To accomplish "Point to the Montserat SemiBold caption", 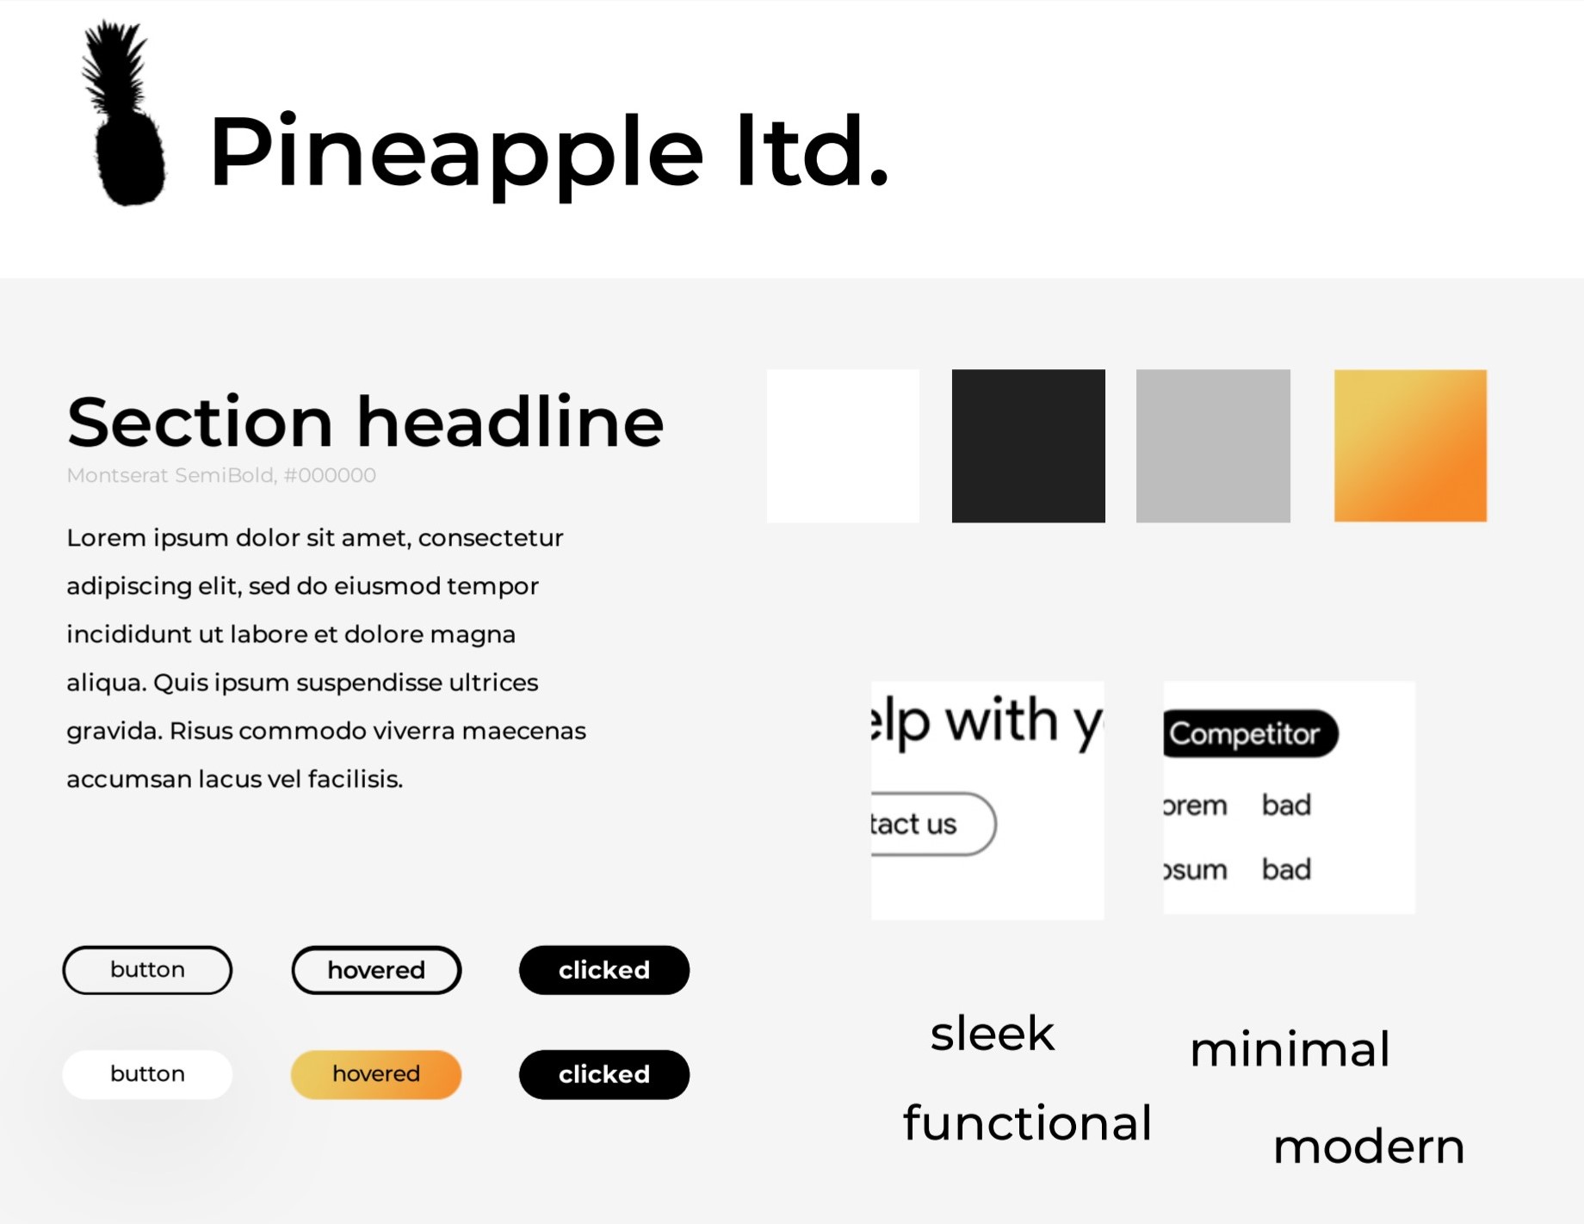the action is [x=221, y=475].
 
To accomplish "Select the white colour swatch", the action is [x=843, y=446].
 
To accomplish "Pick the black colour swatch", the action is [x=1028, y=446].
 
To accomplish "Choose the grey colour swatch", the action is [x=1213, y=446].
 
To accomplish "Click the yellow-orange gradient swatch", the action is [x=1410, y=446].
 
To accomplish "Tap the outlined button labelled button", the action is [x=147, y=970].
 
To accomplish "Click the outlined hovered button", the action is [x=376, y=970].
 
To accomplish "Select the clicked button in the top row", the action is [x=604, y=970].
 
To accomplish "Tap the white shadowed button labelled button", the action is [x=147, y=1074].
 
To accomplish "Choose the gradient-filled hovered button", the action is [x=376, y=1074].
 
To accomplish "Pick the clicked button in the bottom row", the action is [x=604, y=1074].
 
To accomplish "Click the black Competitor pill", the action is [x=1250, y=733].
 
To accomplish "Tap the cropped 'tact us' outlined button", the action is [x=933, y=824].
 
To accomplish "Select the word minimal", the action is [x=1290, y=1048].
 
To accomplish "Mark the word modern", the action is [x=1369, y=1146].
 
